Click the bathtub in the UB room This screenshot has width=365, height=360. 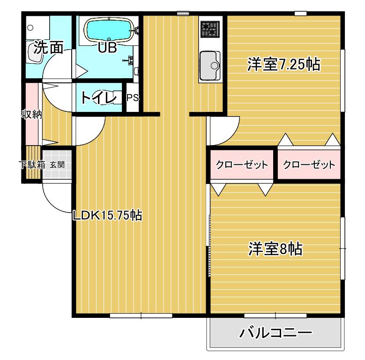[x=110, y=30]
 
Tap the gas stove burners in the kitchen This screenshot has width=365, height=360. [x=210, y=29]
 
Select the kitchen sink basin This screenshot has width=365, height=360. [x=210, y=66]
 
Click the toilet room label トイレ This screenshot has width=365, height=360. [x=98, y=98]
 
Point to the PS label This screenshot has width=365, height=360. [x=133, y=98]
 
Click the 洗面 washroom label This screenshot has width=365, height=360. [x=48, y=48]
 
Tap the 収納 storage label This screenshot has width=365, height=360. [x=32, y=114]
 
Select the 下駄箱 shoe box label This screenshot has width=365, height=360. [x=32, y=165]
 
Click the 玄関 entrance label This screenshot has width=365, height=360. [x=57, y=165]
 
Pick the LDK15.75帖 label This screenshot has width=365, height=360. [x=107, y=215]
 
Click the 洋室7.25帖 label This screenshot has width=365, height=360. [x=284, y=64]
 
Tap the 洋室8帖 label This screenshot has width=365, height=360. [x=276, y=249]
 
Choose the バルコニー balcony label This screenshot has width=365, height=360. [x=276, y=333]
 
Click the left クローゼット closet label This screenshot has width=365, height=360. [x=242, y=165]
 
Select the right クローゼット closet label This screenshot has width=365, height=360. [x=309, y=165]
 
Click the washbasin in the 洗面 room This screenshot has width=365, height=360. [x=35, y=53]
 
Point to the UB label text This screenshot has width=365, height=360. [x=107, y=47]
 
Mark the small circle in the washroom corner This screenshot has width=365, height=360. [x=30, y=28]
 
